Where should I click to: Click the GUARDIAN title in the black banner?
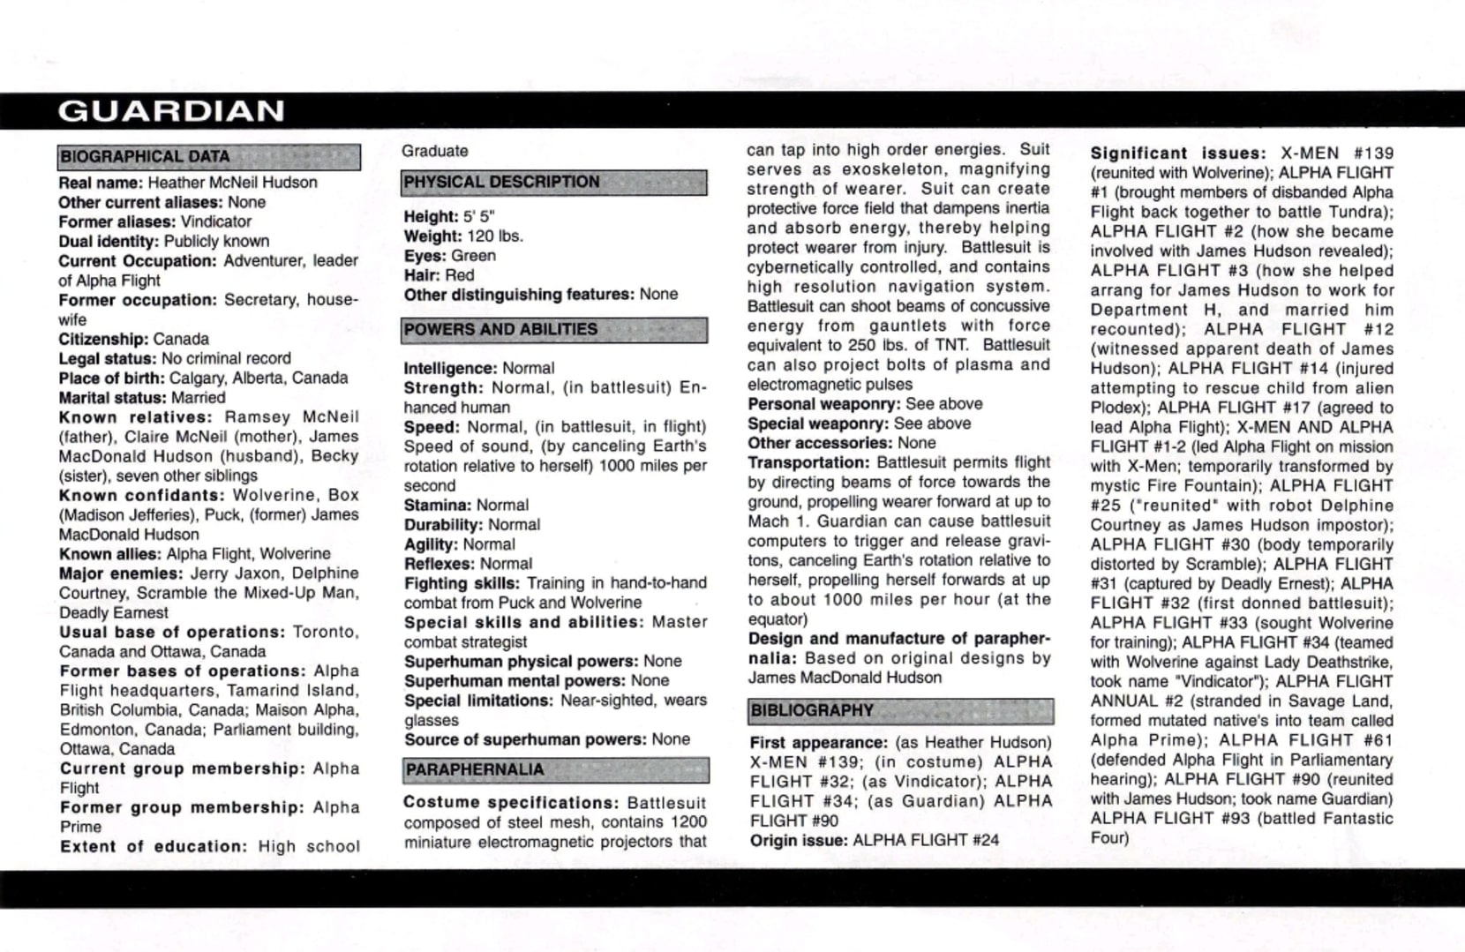171,111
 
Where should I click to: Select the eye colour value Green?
473,256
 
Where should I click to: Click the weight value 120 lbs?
495,236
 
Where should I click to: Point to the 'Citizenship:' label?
103,340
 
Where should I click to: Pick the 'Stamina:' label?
438,506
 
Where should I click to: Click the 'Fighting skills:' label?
462,584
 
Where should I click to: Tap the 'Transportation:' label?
809,463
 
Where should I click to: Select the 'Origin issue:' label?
799,841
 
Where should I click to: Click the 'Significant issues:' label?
1178,154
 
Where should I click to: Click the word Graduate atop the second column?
435,151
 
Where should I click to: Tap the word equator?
777,619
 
